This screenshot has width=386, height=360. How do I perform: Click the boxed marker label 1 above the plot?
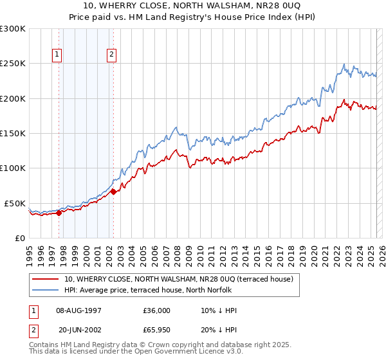[x=58, y=55]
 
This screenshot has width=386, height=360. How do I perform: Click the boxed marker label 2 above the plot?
[x=112, y=55]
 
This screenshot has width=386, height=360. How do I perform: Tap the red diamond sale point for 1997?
[x=59, y=213]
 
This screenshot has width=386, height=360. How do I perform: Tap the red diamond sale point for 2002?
[x=113, y=192]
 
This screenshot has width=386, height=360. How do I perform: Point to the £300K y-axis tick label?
[x=13, y=29]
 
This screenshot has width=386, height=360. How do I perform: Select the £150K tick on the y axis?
[x=13, y=134]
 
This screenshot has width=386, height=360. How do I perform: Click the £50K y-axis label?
[x=15, y=203]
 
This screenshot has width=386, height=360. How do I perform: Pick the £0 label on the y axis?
[x=20, y=238]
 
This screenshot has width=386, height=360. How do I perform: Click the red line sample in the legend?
[x=46, y=279]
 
